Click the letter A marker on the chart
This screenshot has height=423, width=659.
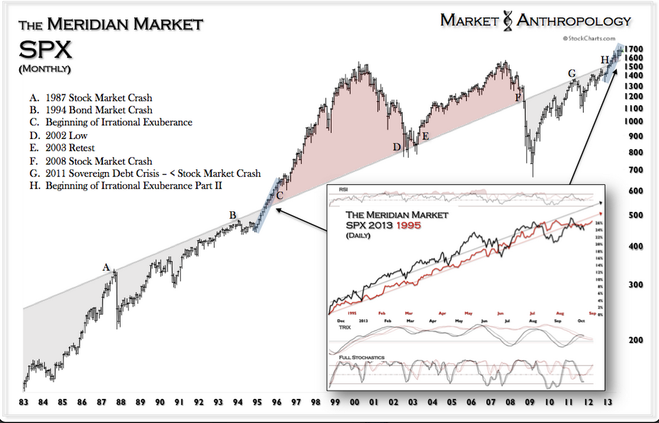click(106, 267)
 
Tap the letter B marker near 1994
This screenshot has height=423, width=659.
click(233, 215)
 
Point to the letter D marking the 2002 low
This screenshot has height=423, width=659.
click(397, 147)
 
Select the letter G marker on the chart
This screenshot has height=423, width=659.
click(572, 73)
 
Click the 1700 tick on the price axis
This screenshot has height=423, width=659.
click(635, 49)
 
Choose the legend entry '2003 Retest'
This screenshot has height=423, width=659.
click(62, 148)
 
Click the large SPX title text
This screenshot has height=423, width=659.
click(45, 50)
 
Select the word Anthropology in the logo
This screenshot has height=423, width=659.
click(574, 21)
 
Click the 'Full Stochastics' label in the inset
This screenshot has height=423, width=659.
click(362, 356)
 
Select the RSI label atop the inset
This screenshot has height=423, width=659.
click(343, 189)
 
